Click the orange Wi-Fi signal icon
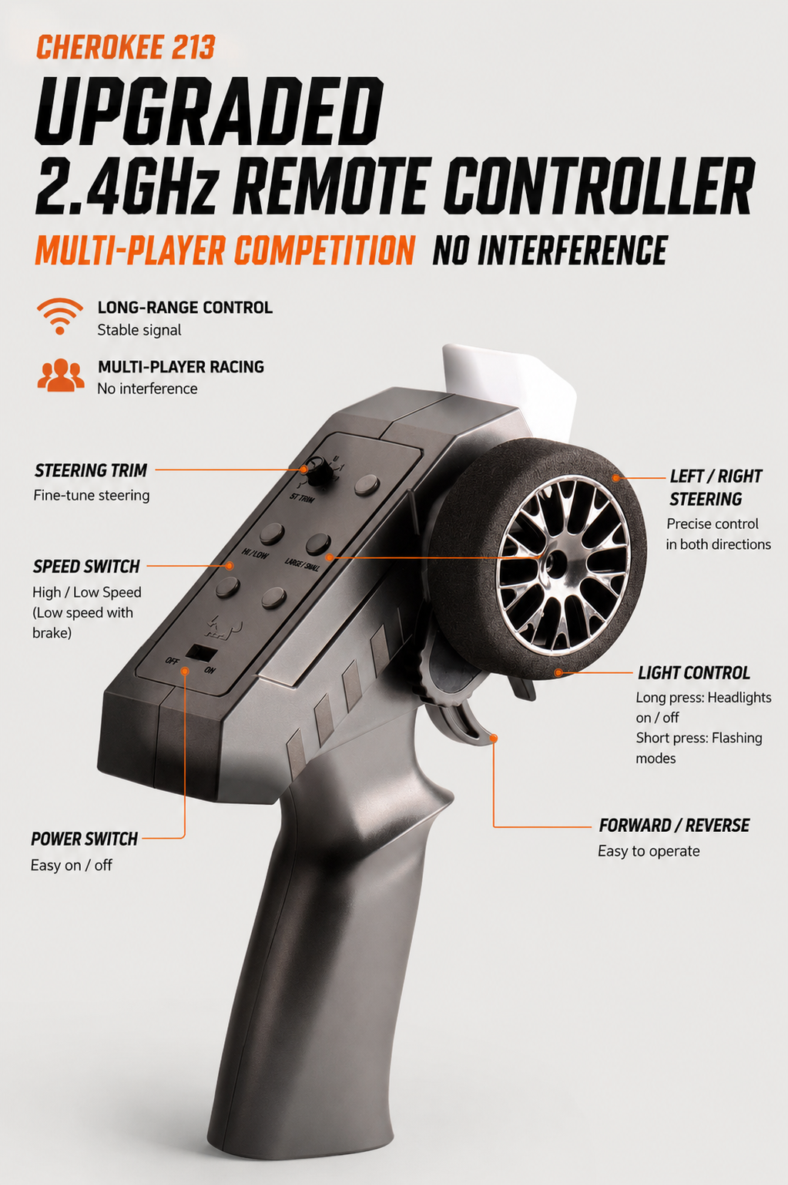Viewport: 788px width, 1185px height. (60, 316)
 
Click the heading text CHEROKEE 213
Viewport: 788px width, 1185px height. (126, 47)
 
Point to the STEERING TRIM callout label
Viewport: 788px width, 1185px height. (91, 470)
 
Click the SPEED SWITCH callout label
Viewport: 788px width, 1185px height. (86, 567)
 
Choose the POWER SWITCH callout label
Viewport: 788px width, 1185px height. (84, 839)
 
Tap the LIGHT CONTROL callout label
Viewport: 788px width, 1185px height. (694, 673)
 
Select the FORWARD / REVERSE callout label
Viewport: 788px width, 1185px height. (674, 825)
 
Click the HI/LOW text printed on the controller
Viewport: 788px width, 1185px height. (255, 554)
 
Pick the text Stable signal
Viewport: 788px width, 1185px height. (139, 330)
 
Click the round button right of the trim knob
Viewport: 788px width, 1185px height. (367, 485)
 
